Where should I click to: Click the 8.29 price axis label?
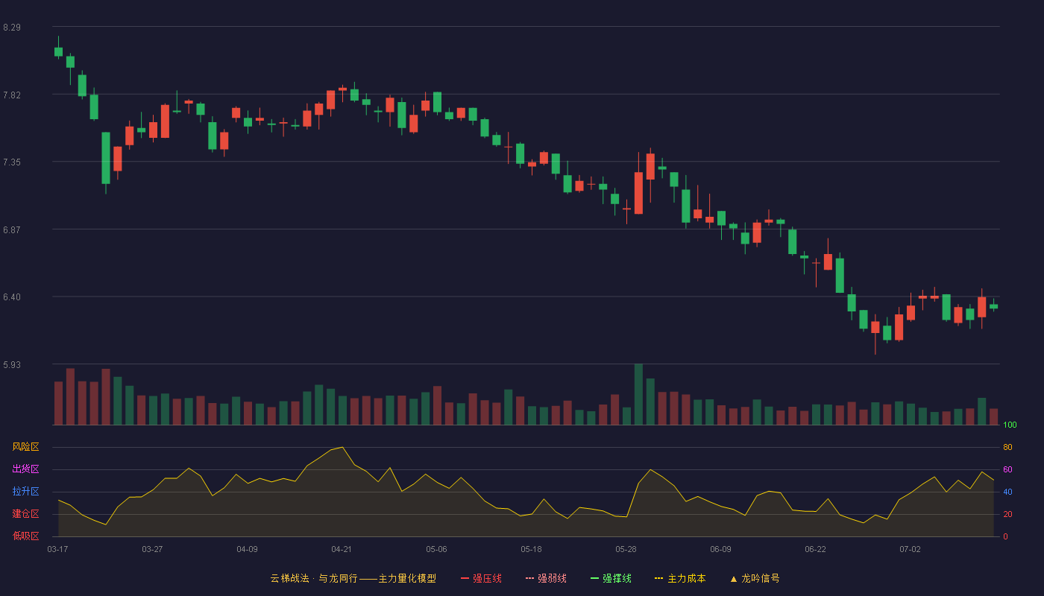12,28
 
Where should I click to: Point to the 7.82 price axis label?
12,95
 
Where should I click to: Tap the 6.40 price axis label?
12,297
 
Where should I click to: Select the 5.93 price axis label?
12,364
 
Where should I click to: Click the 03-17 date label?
58,550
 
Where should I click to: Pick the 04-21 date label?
342,550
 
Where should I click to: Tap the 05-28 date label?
626,550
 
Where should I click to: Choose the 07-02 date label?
911,550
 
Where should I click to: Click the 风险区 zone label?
25,447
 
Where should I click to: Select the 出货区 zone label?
25,469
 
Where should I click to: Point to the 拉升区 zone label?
25,491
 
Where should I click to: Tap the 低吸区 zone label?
25,536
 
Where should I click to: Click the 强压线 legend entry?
481,578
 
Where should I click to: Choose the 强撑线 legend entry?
611,578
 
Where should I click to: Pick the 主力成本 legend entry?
680,578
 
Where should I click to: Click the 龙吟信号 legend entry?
755,578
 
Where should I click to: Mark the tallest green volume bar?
638,394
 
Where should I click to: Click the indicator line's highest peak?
342,448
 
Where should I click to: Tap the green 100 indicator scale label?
1010,425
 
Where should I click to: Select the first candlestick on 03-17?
58,51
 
